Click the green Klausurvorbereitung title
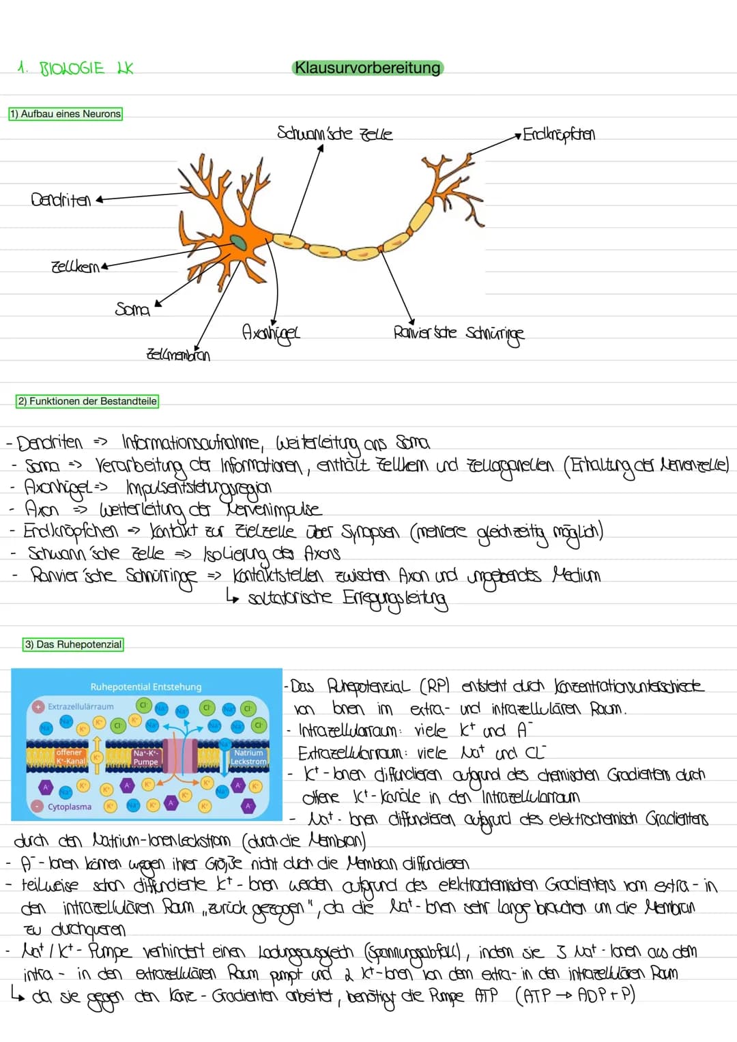point(367,68)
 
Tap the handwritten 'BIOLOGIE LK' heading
point(75,69)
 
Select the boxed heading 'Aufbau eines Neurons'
point(66,114)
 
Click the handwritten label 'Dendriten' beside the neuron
point(61,200)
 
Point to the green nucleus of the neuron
point(238,242)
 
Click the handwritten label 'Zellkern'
point(75,266)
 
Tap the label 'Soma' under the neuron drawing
point(132,310)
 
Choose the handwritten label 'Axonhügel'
point(271,333)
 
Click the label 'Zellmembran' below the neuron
point(178,355)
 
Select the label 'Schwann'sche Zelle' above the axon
point(334,133)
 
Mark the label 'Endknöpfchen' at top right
point(559,134)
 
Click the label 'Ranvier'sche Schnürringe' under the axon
point(459,333)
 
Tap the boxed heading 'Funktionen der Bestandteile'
point(87,401)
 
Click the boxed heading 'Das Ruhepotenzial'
point(74,644)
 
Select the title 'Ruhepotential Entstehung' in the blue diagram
point(146,686)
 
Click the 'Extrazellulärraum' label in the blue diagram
point(81,706)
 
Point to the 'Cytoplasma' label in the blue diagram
point(70,807)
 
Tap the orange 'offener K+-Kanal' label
point(70,757)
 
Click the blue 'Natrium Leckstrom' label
point(248,757)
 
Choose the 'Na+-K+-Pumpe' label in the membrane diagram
point(145,757)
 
